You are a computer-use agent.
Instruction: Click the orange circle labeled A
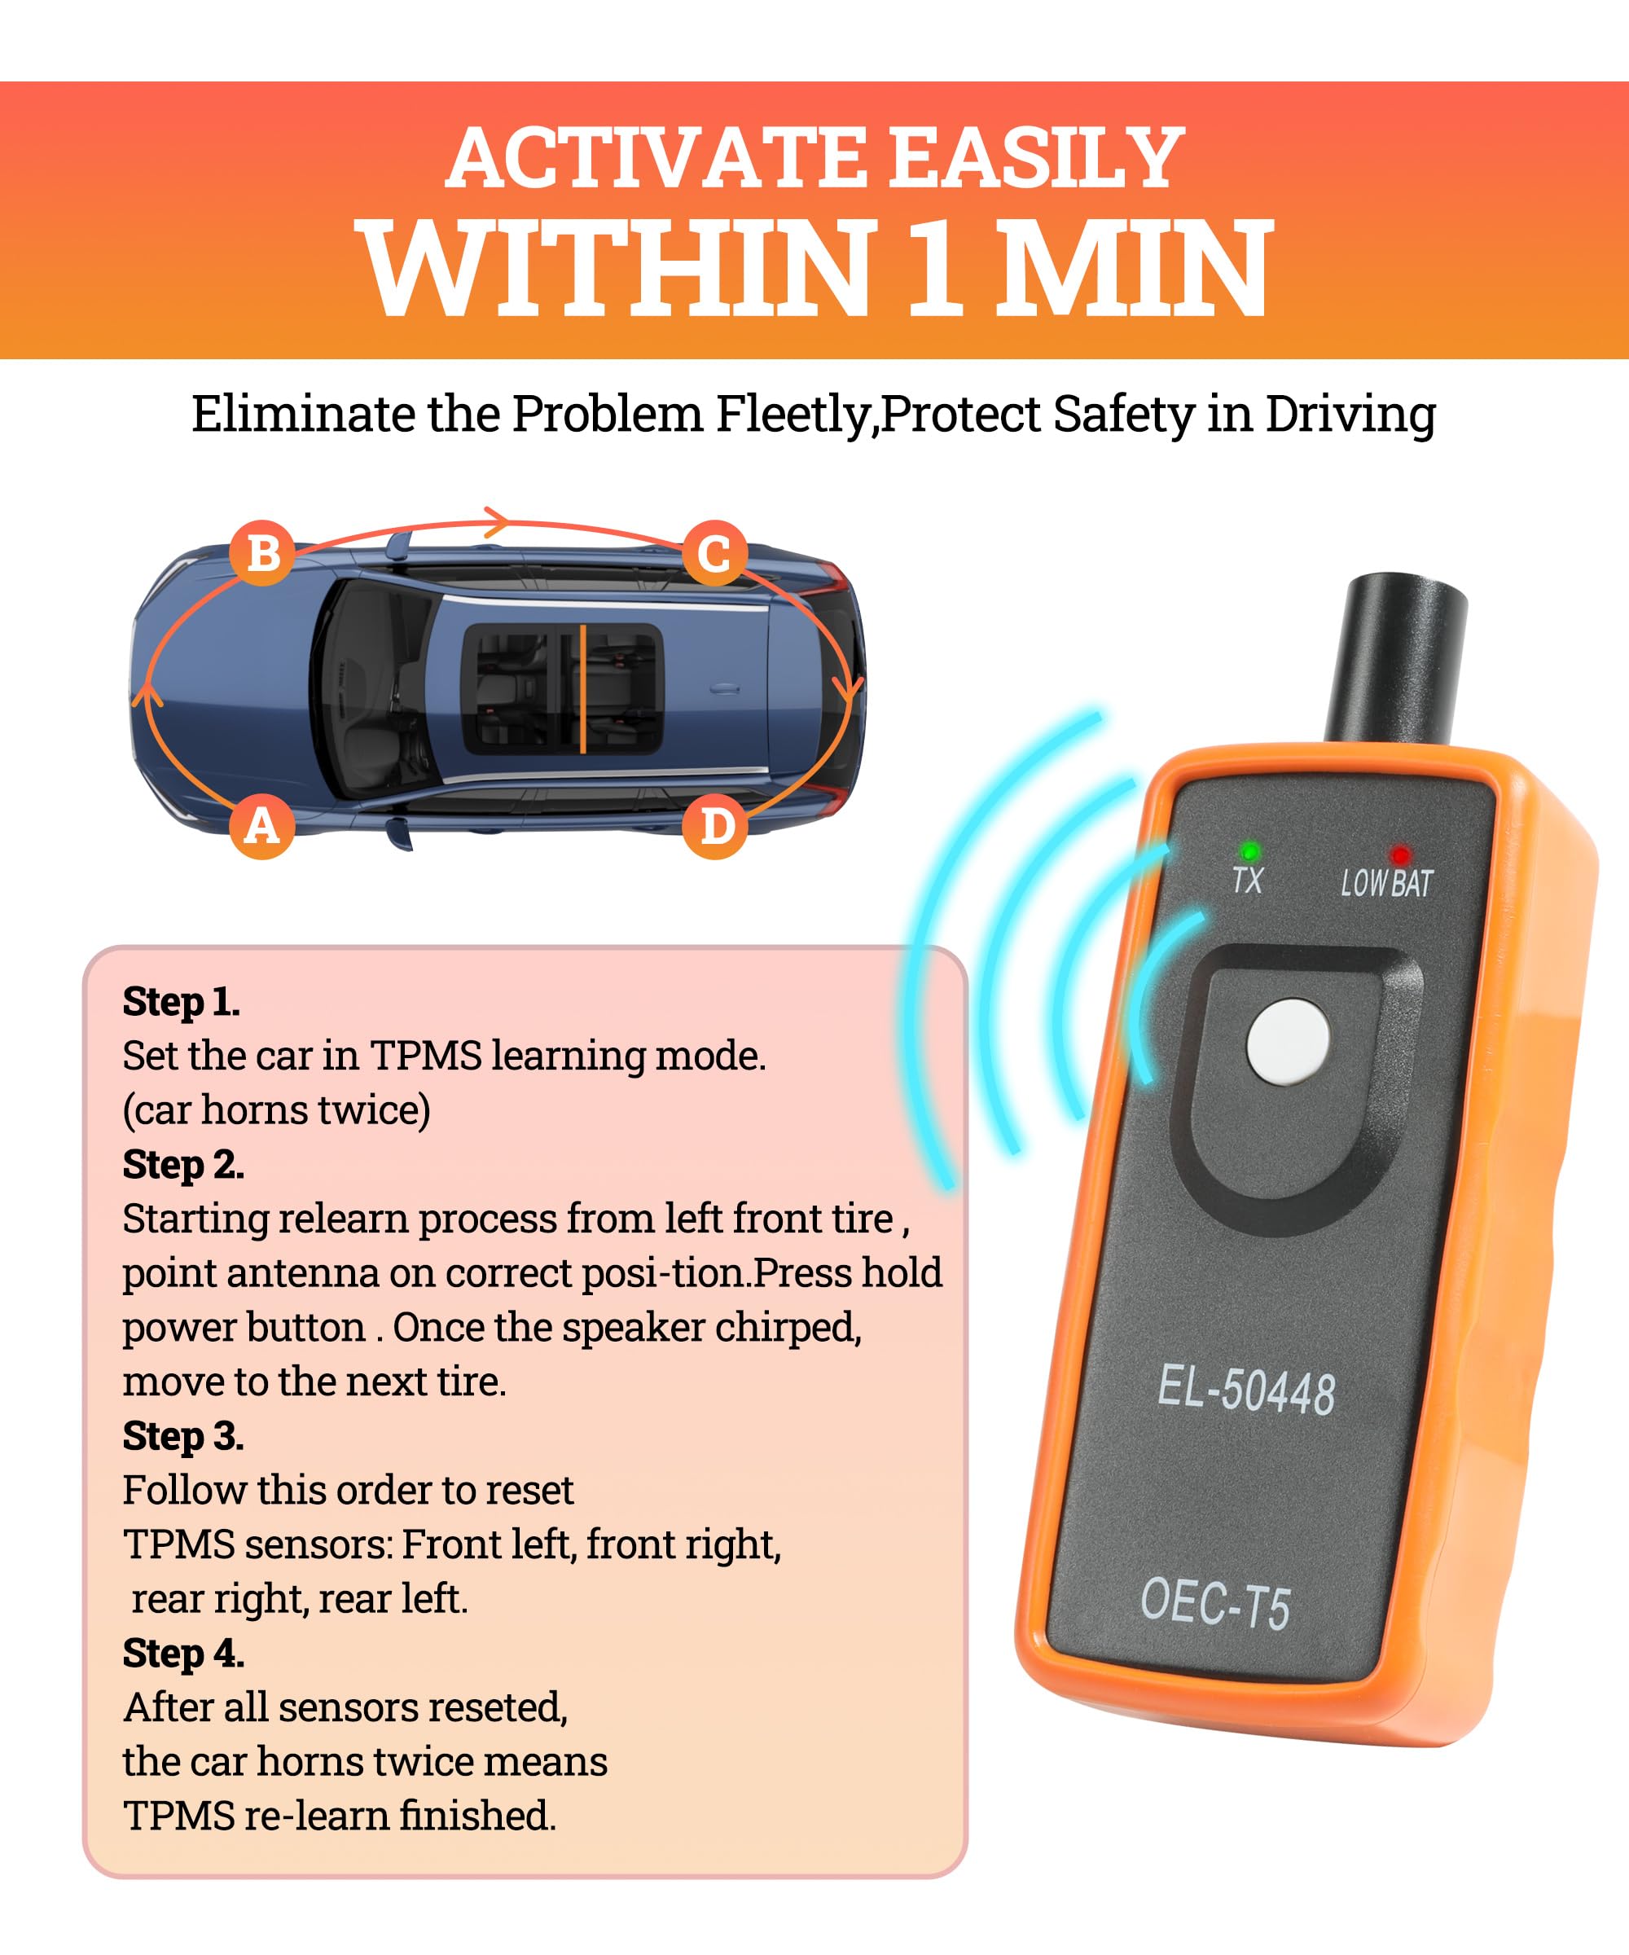click(261, 826)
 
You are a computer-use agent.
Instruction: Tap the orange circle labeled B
click(262, 553)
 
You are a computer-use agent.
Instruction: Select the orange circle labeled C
click(714, 554)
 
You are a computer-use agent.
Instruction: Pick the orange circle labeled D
click(715, 826)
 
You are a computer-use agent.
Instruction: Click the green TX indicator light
click(1249, 851)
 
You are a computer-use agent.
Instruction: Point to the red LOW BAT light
click(1399, 854)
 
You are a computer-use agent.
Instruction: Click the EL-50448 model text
click(1245, 1392)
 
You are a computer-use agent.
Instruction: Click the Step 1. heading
click(182, 1002)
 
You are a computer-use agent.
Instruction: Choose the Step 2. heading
click(183, 1165)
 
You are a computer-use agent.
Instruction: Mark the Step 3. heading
click(183, 1436)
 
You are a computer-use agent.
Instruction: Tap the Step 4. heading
click(183, 1654)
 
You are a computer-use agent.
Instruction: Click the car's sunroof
click(563, 688)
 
